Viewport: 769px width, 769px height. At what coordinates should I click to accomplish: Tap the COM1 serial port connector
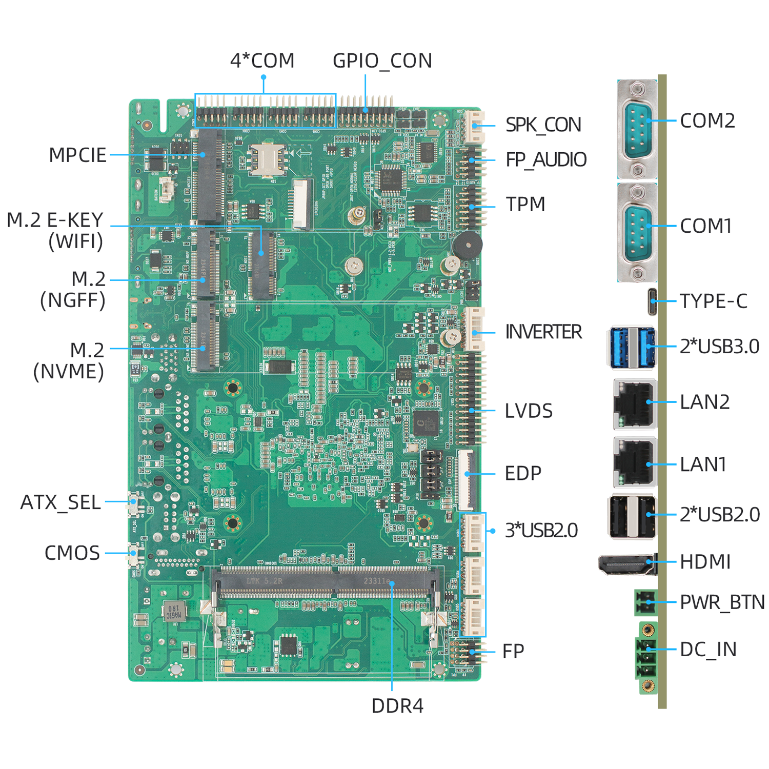(637, 232)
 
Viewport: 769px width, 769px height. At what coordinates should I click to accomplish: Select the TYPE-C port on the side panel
(652, 302)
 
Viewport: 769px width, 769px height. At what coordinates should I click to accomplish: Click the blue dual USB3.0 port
(633, 347)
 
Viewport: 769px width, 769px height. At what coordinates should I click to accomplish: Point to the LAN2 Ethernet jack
(635, 404)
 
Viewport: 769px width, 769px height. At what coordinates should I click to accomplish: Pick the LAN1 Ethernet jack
(635, 462)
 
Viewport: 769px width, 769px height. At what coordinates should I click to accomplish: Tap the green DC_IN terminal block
(647, 658)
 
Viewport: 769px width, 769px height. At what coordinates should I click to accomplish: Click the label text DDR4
(397, 706)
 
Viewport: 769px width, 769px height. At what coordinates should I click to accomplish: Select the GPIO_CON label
(382, 61)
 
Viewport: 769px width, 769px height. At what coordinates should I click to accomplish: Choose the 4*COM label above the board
(262, 61)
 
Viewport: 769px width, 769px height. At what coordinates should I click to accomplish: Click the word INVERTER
(543, 332)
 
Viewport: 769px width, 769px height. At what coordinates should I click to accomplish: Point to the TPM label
(525, 205)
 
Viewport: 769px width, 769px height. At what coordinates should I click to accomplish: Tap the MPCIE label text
(77, 155)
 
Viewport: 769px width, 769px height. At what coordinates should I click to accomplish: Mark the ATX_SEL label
(60, 503)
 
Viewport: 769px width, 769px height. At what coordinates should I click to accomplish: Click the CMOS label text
(72, 553)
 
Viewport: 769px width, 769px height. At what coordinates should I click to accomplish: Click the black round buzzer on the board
(467, 245)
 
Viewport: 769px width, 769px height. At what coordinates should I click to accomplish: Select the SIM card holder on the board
(267, 159)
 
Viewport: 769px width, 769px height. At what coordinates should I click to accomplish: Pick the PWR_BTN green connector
(645, 602)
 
